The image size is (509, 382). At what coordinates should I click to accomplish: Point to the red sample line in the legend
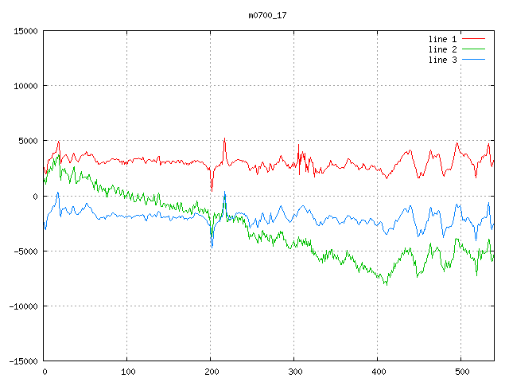point(473,38)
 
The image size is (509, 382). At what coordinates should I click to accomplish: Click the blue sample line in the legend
point(473,60)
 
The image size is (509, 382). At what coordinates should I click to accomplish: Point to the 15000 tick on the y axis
point(25,31)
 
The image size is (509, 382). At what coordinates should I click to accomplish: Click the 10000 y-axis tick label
point(25,86)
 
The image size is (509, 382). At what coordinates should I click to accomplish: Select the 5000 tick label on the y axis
point(27,141)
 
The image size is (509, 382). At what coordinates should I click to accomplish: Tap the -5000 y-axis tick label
point(25,251)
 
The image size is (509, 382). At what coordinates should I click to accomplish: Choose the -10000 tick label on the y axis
point(22,306)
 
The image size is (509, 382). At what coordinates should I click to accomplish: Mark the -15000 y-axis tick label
point(22,361)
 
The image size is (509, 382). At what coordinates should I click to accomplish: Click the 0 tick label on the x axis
point(44,372)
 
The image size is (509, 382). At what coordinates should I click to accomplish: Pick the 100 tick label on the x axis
point(127,372)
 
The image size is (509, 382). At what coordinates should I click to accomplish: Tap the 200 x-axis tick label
point(211,372)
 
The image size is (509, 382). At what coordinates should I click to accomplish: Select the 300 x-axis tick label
point(294,372)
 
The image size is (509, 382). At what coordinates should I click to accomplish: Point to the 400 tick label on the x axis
point(378,372)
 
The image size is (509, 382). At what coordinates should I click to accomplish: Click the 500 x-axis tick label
point(461,372)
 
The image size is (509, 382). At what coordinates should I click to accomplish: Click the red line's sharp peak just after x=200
point(224,138)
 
